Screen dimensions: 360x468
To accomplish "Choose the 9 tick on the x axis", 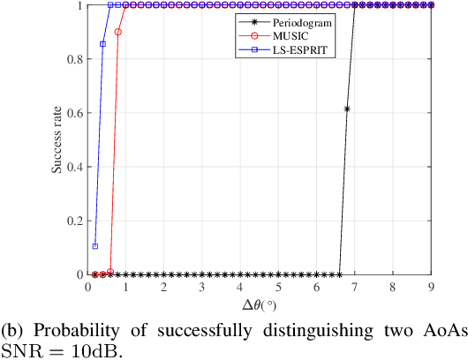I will point(431,287).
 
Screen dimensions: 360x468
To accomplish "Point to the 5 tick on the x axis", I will point(279,287).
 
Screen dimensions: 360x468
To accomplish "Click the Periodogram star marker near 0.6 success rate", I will point(347,109).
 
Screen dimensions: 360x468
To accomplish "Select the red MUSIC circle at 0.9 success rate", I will point(118,32).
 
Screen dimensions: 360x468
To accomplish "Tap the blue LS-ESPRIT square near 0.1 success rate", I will point(95,246).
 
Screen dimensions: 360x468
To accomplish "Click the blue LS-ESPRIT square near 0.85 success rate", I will point(102,44).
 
